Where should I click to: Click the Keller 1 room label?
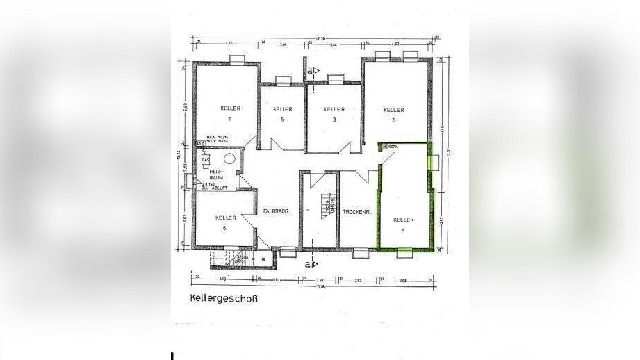coord(230,113)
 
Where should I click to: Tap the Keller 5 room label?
coord(282,113)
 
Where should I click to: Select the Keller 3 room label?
coord(334,113)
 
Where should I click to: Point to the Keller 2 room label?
coord(394,114)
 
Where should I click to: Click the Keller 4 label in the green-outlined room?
coord(403,224)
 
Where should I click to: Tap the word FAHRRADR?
coord(276,211)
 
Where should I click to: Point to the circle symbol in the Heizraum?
coord(229,159)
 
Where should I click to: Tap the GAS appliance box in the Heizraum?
coord(206,161)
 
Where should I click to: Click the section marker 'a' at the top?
coord(313,70)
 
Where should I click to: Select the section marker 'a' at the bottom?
coord(313,263)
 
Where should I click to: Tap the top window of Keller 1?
coord(236,59)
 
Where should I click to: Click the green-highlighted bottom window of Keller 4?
coord(404,252)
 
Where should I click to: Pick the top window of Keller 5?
coord(283,80)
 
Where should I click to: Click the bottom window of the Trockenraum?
coord(359,253)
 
